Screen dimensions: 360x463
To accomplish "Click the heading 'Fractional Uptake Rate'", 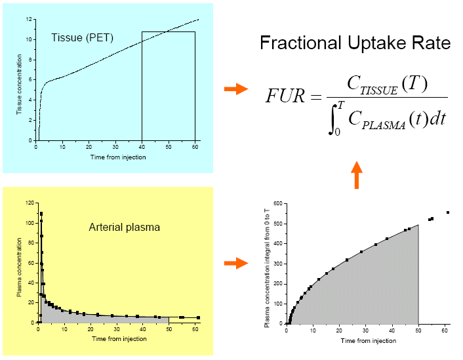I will tap(355, 43).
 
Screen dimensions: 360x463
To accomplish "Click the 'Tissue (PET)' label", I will tap(83, 37).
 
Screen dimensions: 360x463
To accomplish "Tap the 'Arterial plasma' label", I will tap(124, 228).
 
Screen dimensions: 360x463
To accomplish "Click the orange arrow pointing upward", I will tap(356, 175).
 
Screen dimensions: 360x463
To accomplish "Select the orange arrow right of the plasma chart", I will tap(235, 263).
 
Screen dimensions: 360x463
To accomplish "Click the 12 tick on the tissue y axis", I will tap(30, 19).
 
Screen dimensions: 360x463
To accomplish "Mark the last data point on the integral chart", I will tap(448, 212).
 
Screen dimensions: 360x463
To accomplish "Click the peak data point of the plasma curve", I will tap(41, 214).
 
